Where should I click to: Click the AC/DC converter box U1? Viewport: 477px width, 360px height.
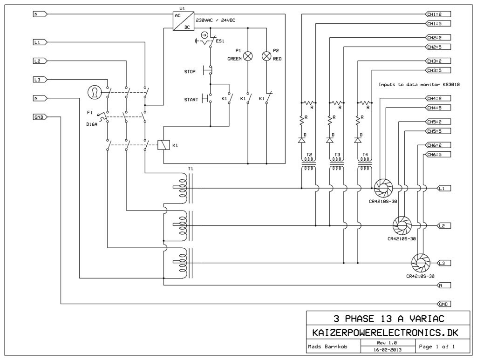pyautogui.click(x=184, y=21)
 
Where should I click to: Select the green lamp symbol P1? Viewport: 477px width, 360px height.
pyautogui.click(x=248, y=56)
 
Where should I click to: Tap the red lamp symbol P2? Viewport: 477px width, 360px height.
pyautogui.click(x=267, y=56)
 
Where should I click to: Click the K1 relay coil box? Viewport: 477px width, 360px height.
pyautogui.click(x=164, y=145)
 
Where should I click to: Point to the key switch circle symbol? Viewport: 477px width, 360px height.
pyautogui.click(x=94, y=92)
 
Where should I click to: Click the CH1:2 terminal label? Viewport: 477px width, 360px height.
pyautogui.click(x=438, y=14)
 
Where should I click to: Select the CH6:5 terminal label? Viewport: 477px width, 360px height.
pyautogui.click(x=438, y=155)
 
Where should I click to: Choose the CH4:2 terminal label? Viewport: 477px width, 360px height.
pyautogui.click(x=438, y=99)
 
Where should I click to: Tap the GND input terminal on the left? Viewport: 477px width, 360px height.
pyautogui.click(x=40, y=117)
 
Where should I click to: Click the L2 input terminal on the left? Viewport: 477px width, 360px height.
pyautogui.click(x=40, y=61)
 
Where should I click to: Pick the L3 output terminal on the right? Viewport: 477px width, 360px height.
pyautogui.click(x=443, y=263)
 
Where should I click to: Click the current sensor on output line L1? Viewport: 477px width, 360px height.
pyautogui.click(x=383, y=188)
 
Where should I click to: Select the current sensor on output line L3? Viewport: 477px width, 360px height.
pyautogui.click(x=421, y=263)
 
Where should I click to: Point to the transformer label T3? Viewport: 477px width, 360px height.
pyautogui.click(x=337, y=155)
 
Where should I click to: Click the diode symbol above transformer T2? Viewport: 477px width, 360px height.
pyautogui.click(x=302, y=140)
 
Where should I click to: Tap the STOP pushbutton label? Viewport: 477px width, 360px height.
pyautogui.click(x=190, y=72)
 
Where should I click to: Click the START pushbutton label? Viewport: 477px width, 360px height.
pyautogui.click(x=191, y=99)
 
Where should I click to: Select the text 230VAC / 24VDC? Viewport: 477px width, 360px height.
pyautogui.click(x=215, y=20)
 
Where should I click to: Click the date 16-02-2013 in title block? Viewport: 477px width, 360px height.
pyautogui.click(x=388, y=350)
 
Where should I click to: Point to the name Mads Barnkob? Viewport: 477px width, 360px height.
pyautogui.click(x=327, y=346)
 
